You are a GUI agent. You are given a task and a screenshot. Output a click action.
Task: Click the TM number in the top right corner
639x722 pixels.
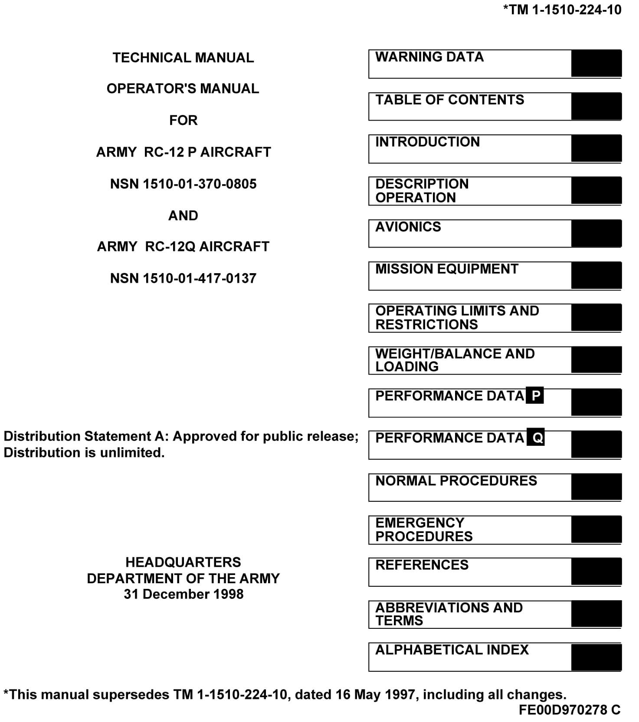562,10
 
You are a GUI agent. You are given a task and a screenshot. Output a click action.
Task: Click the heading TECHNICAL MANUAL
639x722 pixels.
183,58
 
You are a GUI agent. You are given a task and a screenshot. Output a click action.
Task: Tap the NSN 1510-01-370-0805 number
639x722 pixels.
183,184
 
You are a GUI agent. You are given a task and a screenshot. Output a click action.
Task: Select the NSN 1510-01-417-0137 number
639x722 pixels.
183,278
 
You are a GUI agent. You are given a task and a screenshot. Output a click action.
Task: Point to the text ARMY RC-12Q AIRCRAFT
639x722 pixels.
183,246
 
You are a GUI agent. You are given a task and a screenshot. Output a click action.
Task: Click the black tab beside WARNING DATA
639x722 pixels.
596,64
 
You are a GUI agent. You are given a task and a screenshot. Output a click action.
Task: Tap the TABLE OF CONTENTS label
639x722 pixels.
449,100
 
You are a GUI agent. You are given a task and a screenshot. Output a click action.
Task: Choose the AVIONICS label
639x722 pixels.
408,227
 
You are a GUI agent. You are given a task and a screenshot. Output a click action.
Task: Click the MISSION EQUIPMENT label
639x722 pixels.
446,269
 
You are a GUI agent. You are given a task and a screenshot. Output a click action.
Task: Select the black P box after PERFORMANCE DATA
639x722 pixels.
535,395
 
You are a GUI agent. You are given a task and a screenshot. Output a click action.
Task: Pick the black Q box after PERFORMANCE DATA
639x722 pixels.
536,438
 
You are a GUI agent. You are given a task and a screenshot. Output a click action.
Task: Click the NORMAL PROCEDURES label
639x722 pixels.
456,480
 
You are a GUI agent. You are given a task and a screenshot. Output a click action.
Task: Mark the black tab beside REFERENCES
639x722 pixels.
596,572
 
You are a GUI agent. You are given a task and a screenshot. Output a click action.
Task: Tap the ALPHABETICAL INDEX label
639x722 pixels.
452,650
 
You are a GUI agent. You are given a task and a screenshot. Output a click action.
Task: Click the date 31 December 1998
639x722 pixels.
183,594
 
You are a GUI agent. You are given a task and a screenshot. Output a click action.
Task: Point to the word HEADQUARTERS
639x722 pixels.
183,562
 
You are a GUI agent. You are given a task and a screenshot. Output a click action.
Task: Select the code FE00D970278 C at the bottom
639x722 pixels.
569,710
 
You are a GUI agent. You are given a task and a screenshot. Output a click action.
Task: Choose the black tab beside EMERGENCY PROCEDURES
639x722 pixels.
596,529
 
